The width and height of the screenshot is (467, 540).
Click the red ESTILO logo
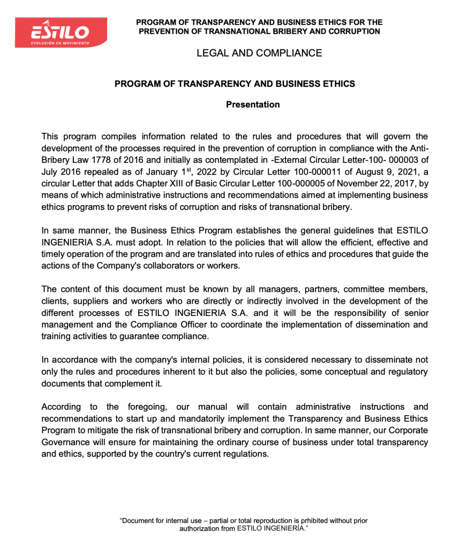click(x=61, y=32)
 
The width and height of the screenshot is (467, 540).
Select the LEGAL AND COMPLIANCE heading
click(x=259, y=53)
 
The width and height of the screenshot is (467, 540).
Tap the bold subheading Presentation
click(x=253, y=104)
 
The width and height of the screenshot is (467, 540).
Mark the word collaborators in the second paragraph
click(x=161, y=265)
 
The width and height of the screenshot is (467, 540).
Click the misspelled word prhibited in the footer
click(x=315, y=520)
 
